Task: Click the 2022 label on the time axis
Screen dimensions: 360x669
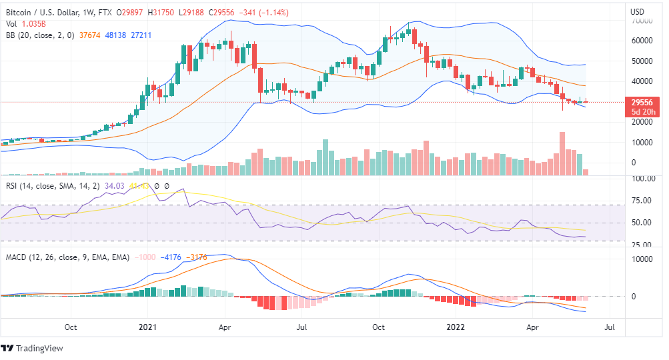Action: (x=455, y=327)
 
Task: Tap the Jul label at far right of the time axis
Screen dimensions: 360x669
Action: (x=609, y=327)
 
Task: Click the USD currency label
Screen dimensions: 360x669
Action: (x=637, y=11)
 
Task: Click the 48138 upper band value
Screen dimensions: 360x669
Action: (x=114, y=35)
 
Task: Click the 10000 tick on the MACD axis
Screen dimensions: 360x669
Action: (x=643, y=259)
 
